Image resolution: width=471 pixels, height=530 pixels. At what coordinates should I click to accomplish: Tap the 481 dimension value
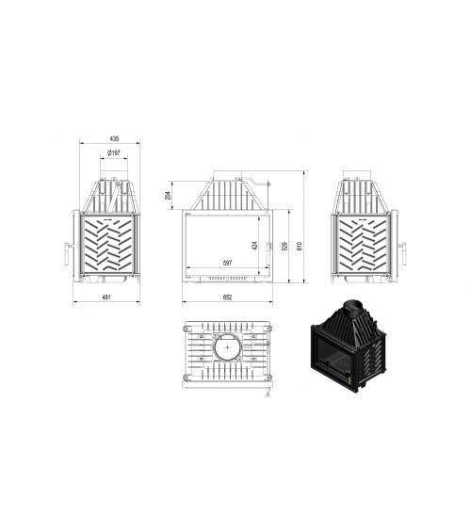coord(106,297)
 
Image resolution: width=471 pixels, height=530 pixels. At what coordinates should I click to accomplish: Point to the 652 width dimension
coord(228,297)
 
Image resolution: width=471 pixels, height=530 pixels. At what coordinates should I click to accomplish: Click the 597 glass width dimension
coord(227,263)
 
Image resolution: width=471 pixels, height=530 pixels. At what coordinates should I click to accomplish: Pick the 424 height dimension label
coord(254,245)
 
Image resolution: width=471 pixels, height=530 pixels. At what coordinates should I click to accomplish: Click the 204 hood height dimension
coord(169,195)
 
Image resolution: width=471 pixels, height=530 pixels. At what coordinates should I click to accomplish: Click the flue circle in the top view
coord(228,349)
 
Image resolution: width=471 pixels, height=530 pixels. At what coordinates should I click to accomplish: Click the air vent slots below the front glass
coord(227,279)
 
